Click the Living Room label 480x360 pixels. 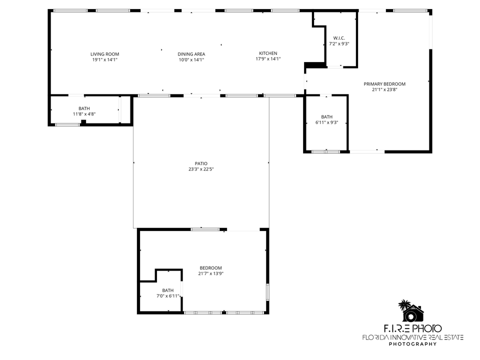click(x=104, y=54)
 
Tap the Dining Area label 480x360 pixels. click(x=191, y=54)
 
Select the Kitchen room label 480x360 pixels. click(x=268, y=53)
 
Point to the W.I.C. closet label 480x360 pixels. click(x=338, y=38)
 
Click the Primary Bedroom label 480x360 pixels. click(x=384, y=84)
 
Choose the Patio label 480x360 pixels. click(x=201, y=163)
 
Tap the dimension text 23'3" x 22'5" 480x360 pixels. click(x=201, y=169)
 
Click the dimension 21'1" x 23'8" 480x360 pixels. click(x=384, y=90)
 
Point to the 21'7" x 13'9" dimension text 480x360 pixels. click(x=210, y=273)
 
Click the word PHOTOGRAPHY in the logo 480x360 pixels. click(x=412, y=344)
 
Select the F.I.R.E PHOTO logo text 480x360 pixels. click(x=412, y=328)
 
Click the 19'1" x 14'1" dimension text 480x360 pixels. click(x=104, y=60)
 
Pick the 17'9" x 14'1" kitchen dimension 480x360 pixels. click(x=268, y=59)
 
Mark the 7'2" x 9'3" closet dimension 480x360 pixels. click(x=338, y=44)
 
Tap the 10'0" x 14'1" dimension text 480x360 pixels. click(x=191, y=60)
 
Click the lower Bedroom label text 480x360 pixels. click(x=210, y=268)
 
